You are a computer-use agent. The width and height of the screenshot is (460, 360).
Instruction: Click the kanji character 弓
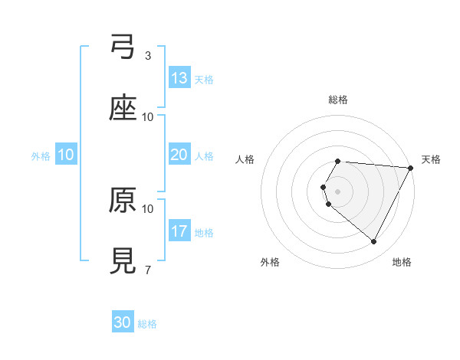123,48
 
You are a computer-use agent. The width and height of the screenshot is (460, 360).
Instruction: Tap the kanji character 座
123,109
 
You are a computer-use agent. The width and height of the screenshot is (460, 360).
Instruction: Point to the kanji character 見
123,261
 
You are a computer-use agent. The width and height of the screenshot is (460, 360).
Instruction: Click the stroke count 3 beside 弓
148,56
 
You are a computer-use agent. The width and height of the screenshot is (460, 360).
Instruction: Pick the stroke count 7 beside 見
148,270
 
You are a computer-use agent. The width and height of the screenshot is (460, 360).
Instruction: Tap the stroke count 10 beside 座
148,117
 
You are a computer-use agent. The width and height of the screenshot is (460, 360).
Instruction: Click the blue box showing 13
179,78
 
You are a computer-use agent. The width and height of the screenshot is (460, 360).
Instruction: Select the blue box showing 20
179,155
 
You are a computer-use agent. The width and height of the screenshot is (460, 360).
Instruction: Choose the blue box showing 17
179,231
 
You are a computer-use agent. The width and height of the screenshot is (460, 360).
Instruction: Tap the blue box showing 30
123,322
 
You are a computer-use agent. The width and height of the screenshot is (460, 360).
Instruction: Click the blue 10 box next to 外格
66,155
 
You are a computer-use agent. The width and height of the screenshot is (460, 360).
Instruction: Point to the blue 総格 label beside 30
147,324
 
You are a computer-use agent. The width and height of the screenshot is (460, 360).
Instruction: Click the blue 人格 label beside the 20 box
204,156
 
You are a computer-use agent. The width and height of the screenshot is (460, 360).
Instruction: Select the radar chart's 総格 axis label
338,100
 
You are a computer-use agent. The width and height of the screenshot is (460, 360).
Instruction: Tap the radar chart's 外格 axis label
270,262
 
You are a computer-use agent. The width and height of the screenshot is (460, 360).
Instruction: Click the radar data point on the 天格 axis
411,168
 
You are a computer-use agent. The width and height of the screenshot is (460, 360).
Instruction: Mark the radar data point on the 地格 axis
374,242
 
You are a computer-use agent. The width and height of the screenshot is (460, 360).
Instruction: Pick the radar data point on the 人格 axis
324,187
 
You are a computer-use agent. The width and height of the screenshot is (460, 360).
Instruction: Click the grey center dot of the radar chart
338,191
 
